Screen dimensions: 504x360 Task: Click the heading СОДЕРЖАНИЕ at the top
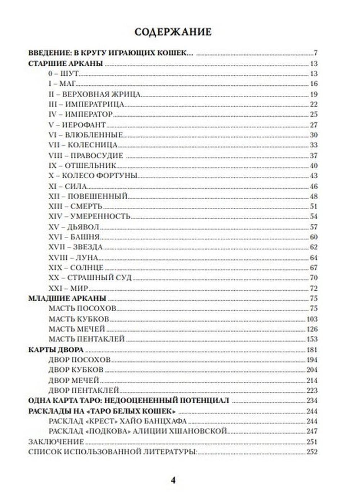click(173, 32)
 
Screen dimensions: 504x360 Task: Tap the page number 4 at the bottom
click(173, 480)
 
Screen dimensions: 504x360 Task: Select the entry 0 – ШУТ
click(63, 74)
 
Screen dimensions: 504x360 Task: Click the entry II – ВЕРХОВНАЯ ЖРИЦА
click(94, 94)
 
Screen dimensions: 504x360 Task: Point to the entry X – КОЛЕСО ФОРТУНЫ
click(93, 176)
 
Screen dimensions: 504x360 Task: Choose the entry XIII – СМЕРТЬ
click(76, 207)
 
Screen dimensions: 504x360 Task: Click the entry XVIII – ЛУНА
click(73, 258)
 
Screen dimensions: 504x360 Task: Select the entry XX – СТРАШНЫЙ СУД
click(90, 278)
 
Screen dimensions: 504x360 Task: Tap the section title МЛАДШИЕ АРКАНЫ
click(67, 298)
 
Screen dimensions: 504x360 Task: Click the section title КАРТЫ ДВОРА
click(56, 350)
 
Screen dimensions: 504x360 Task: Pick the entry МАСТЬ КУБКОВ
click(79, 319)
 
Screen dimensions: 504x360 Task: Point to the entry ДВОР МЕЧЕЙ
click(74, 381)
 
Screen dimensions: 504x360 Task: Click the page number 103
click(312, 319)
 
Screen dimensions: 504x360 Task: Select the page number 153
click(312, 339)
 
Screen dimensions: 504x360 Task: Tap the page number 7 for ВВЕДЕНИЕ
click(315, 53)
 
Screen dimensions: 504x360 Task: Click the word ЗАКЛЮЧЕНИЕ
click(56, 442)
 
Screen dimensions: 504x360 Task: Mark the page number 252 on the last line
click(312, 452)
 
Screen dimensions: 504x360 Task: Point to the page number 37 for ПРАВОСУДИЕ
click(313, 156)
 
